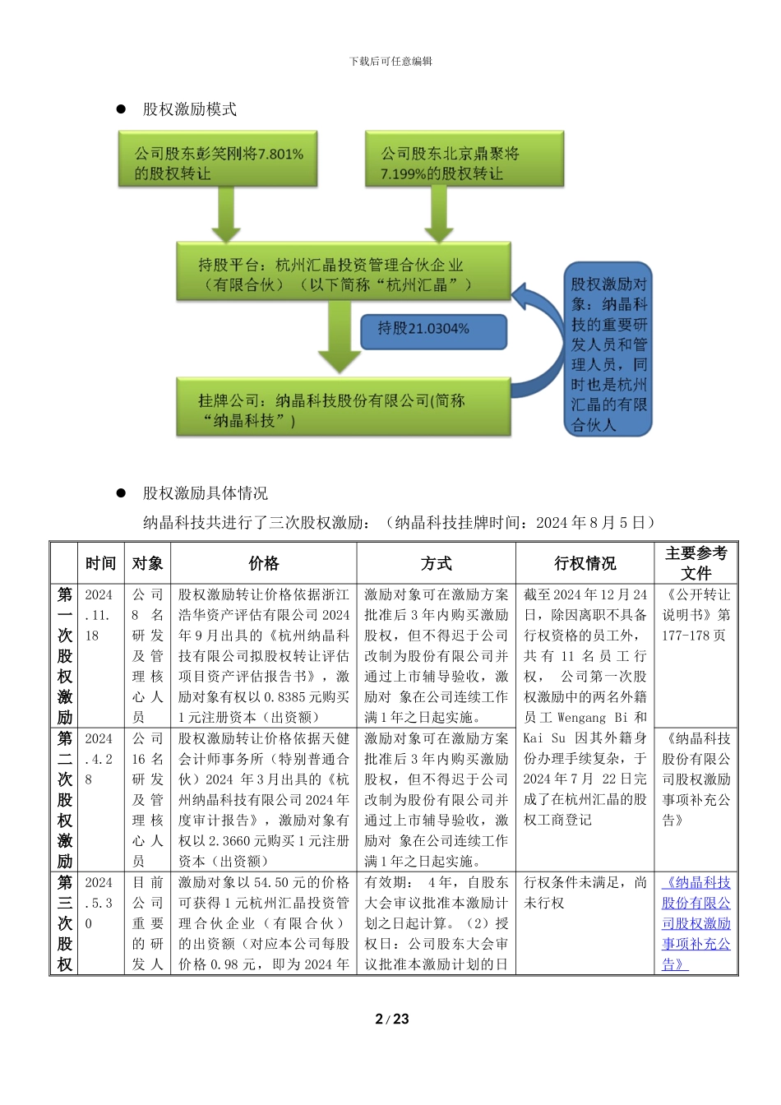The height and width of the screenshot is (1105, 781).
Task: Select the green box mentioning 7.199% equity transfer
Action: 464,163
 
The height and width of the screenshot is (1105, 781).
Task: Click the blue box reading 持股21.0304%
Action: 432,330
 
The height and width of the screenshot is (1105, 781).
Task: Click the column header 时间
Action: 100,563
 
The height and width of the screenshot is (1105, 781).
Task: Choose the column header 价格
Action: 264,563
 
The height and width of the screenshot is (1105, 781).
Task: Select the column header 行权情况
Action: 585,563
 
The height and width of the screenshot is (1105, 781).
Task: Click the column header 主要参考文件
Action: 696,563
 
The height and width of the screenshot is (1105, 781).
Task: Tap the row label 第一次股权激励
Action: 65,655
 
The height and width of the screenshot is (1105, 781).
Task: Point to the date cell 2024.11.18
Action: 99,615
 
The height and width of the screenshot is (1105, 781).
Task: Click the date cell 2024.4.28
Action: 99,759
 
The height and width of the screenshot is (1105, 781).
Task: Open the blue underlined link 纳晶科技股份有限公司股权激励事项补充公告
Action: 696,923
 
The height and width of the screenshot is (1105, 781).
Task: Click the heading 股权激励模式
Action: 190,109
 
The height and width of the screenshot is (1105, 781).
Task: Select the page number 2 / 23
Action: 391,1019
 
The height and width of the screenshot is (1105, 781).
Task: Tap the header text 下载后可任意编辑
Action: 390,62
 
